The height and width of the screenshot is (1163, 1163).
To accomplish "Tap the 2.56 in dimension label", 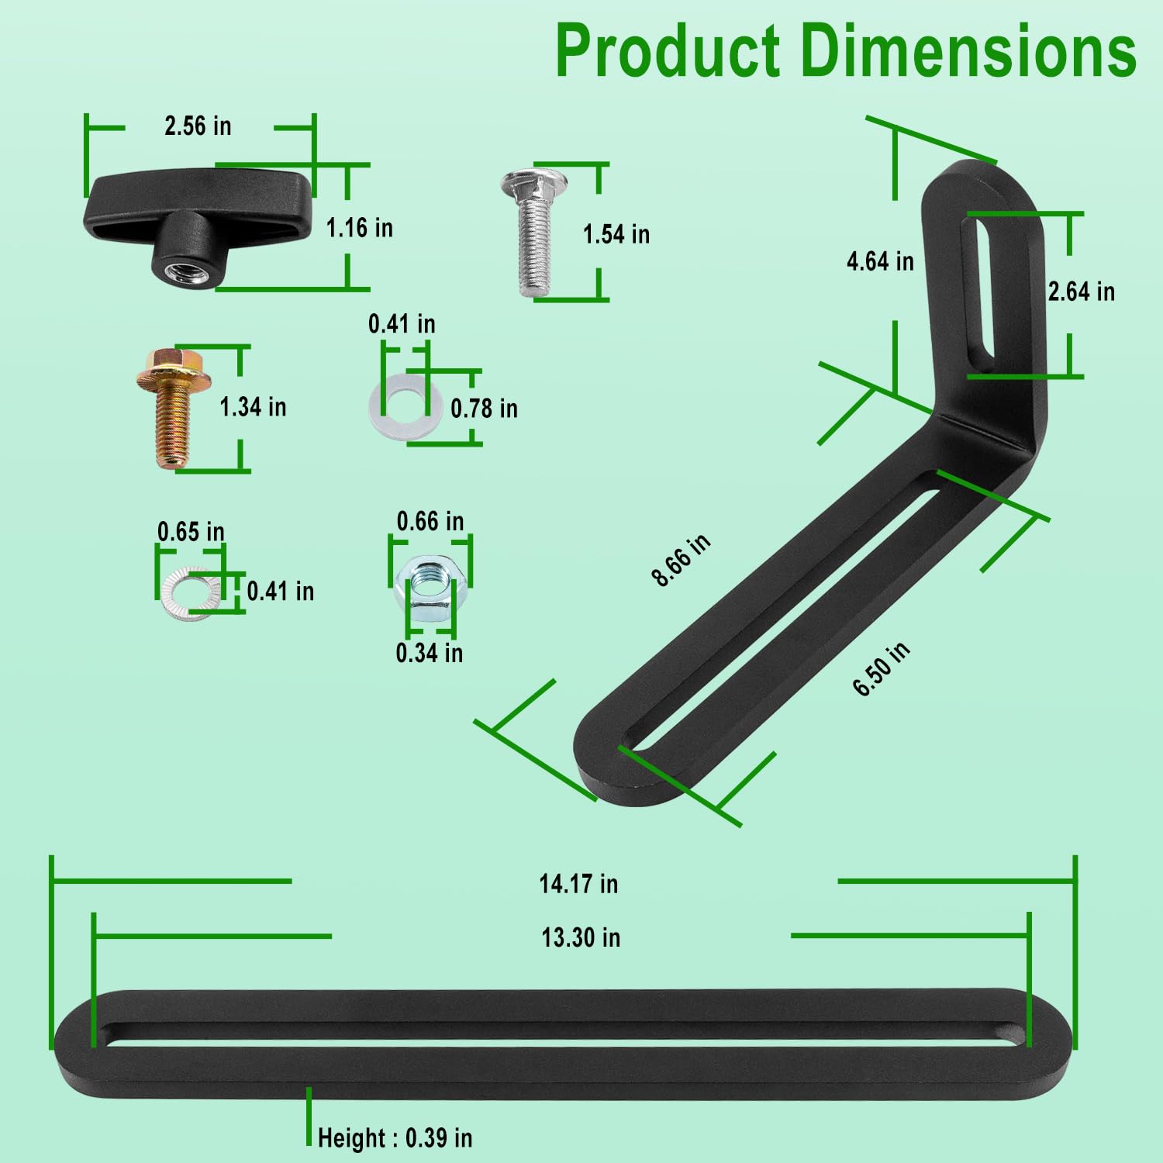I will (x=198, y=126).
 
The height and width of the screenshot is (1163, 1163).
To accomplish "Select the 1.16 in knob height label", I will (x=359, y=228).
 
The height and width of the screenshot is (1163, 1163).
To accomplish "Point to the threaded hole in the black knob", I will (x=181, y=271).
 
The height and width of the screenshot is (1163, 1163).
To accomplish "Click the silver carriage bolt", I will (x=533, y=233).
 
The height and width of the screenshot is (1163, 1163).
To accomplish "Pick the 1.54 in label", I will (x=616, y=234).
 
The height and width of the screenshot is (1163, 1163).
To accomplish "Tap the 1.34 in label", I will (x=253, y=407).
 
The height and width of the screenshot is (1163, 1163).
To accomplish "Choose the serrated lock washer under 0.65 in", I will (x=187, y=594).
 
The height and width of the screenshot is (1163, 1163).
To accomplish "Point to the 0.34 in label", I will (x=429, y=653).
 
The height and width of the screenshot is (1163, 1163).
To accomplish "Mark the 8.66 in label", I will (x=680, y=560).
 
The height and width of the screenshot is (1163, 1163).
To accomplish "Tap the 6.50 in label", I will (x=881, y=670).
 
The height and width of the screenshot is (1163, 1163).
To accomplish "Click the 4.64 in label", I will (x=880, y=261).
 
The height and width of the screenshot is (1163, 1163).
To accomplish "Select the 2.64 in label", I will (x=1081, y=292).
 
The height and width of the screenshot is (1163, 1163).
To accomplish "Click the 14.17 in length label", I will (x=578, y=884).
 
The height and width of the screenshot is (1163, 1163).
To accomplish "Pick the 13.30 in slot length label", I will (x=581, y=937).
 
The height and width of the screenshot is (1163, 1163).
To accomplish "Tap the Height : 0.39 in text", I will (x=395, y=1138).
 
